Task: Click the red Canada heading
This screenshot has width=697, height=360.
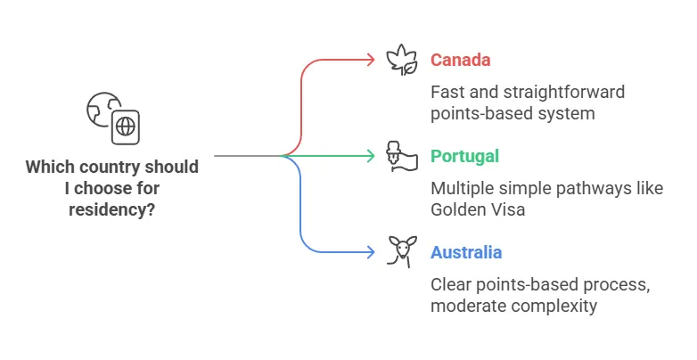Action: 460,61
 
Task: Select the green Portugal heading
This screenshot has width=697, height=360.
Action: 464,157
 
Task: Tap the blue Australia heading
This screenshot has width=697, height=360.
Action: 466,253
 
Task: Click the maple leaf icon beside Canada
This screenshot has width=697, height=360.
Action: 401,60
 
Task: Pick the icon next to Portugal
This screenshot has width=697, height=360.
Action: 401,156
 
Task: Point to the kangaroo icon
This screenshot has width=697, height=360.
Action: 401,251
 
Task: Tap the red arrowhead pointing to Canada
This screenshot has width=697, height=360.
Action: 371,60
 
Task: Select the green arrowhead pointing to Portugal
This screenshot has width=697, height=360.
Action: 371,156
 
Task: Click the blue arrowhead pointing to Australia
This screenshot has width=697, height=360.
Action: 371,252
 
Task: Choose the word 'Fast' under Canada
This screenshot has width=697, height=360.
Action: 447,92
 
